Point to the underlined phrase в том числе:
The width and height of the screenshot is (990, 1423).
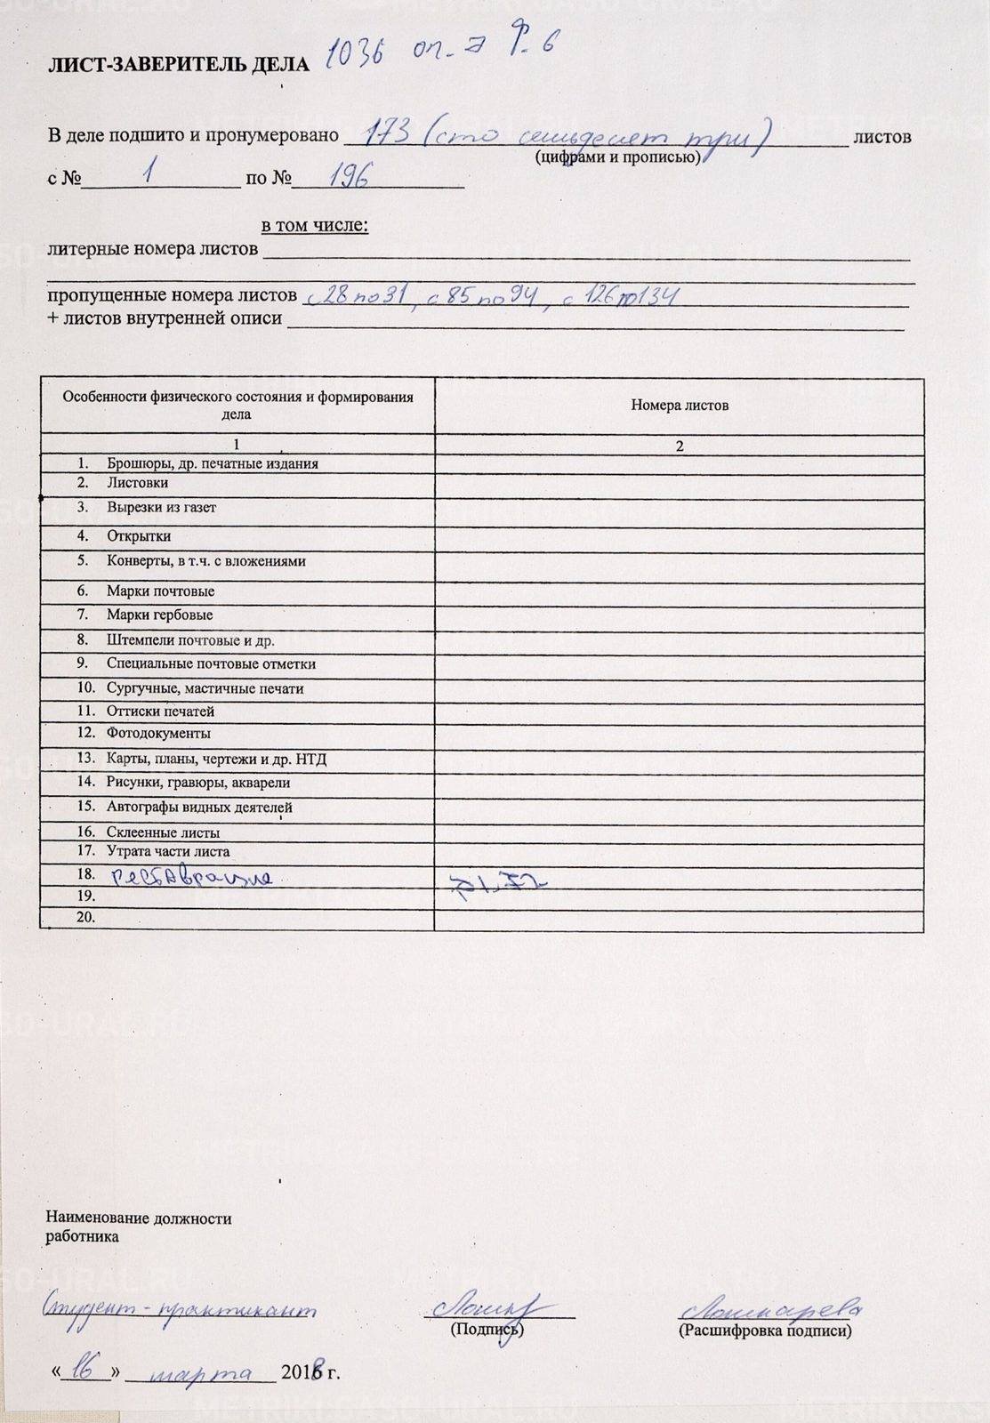(x=314, y=226)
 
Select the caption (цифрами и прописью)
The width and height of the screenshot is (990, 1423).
(x=617, y=158)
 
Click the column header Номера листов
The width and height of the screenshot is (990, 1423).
(x=680, y=406)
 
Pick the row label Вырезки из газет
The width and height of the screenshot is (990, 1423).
(x=161, y=508)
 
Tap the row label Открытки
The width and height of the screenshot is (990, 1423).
(x=139, y=536)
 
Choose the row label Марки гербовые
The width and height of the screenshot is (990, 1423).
(x=159, y=615)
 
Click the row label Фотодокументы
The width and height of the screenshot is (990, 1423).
(x=158, y=734)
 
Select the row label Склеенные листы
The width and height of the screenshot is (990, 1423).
(x=163, y=832)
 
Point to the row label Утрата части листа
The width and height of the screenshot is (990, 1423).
(x=168, y=851)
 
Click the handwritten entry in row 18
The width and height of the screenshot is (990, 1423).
(x=191, y=877)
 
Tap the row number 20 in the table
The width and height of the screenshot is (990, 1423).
(x=86, y=917)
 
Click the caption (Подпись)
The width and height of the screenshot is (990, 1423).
(x=487, y=1330)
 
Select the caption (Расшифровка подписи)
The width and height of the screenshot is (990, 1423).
(x=764, y=1331)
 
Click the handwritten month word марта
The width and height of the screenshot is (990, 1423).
(x=200, y=1373)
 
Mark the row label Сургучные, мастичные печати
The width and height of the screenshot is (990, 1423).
(x=205, y=688)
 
